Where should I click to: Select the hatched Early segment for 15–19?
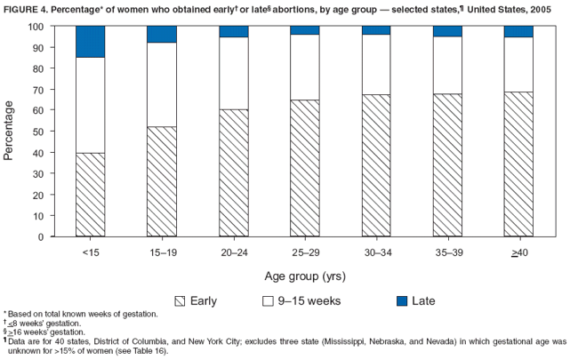pos(160,181)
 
